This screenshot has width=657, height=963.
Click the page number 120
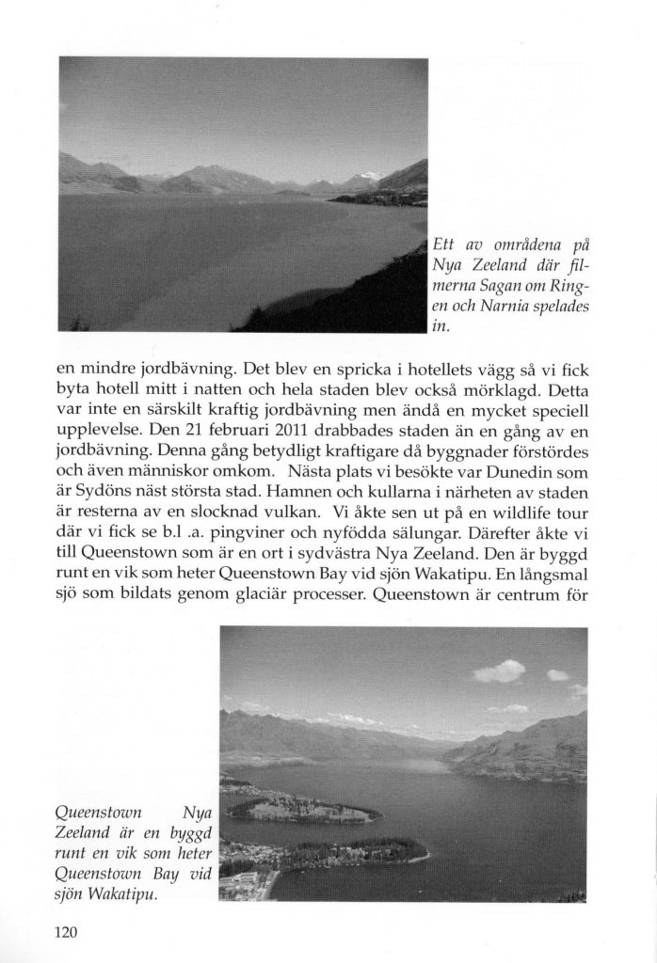click(x=70, y=933)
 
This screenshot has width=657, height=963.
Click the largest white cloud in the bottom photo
click(x=501, y=671)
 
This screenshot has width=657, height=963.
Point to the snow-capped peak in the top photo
click(x=370, y=176)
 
